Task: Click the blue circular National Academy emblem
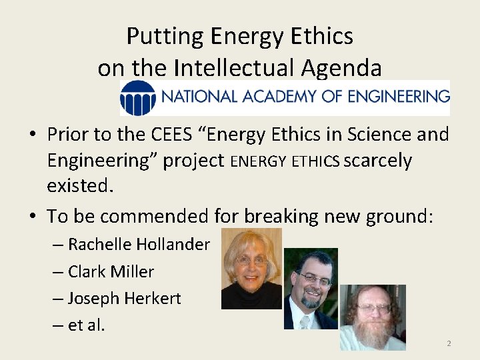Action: [x=138, y=98]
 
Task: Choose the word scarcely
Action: [x=379, y=161]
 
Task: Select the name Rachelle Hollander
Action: [x=139, y=245]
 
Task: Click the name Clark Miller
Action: [x=111, y=272]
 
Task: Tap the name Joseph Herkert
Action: [x=124, y=299]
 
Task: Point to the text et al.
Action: [x=87, y=326]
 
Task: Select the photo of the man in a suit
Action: [x=311, y=289]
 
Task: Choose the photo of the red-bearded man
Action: [x=372, y=317]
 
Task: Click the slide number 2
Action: [x=449, y=343]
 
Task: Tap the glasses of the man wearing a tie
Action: [x=315, y=279]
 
